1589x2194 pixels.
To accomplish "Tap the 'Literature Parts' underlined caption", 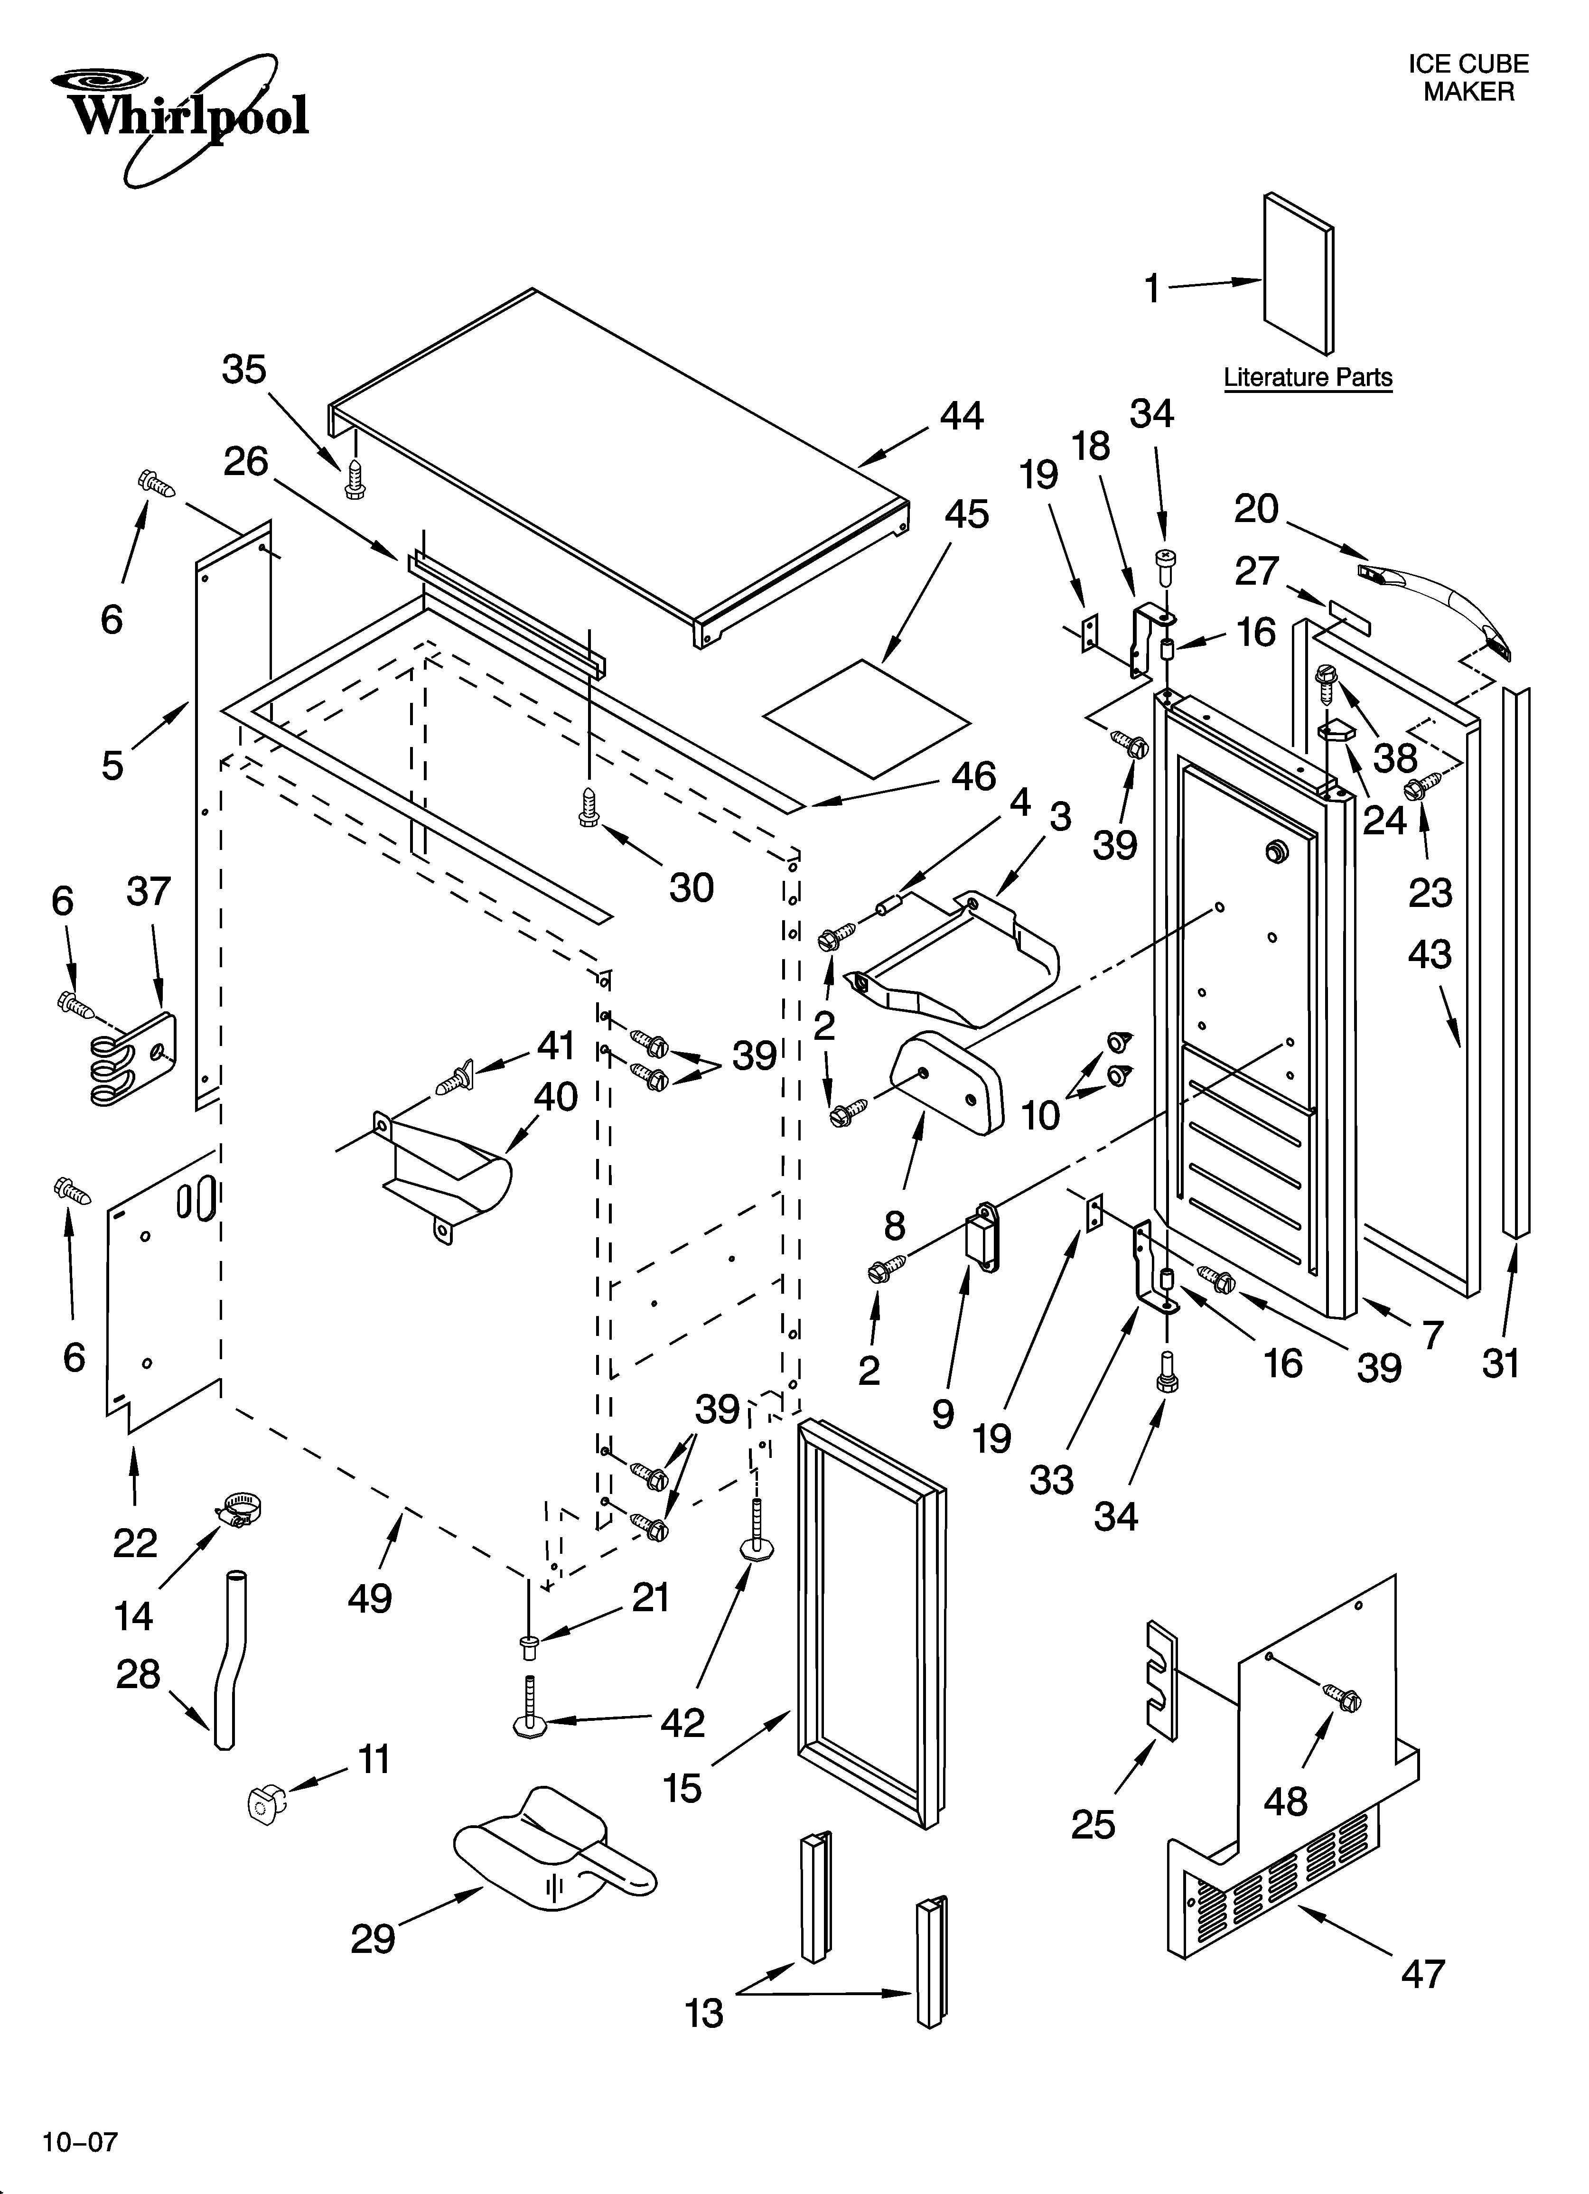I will pos(1308,377).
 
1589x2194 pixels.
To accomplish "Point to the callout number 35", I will pos(244,370).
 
